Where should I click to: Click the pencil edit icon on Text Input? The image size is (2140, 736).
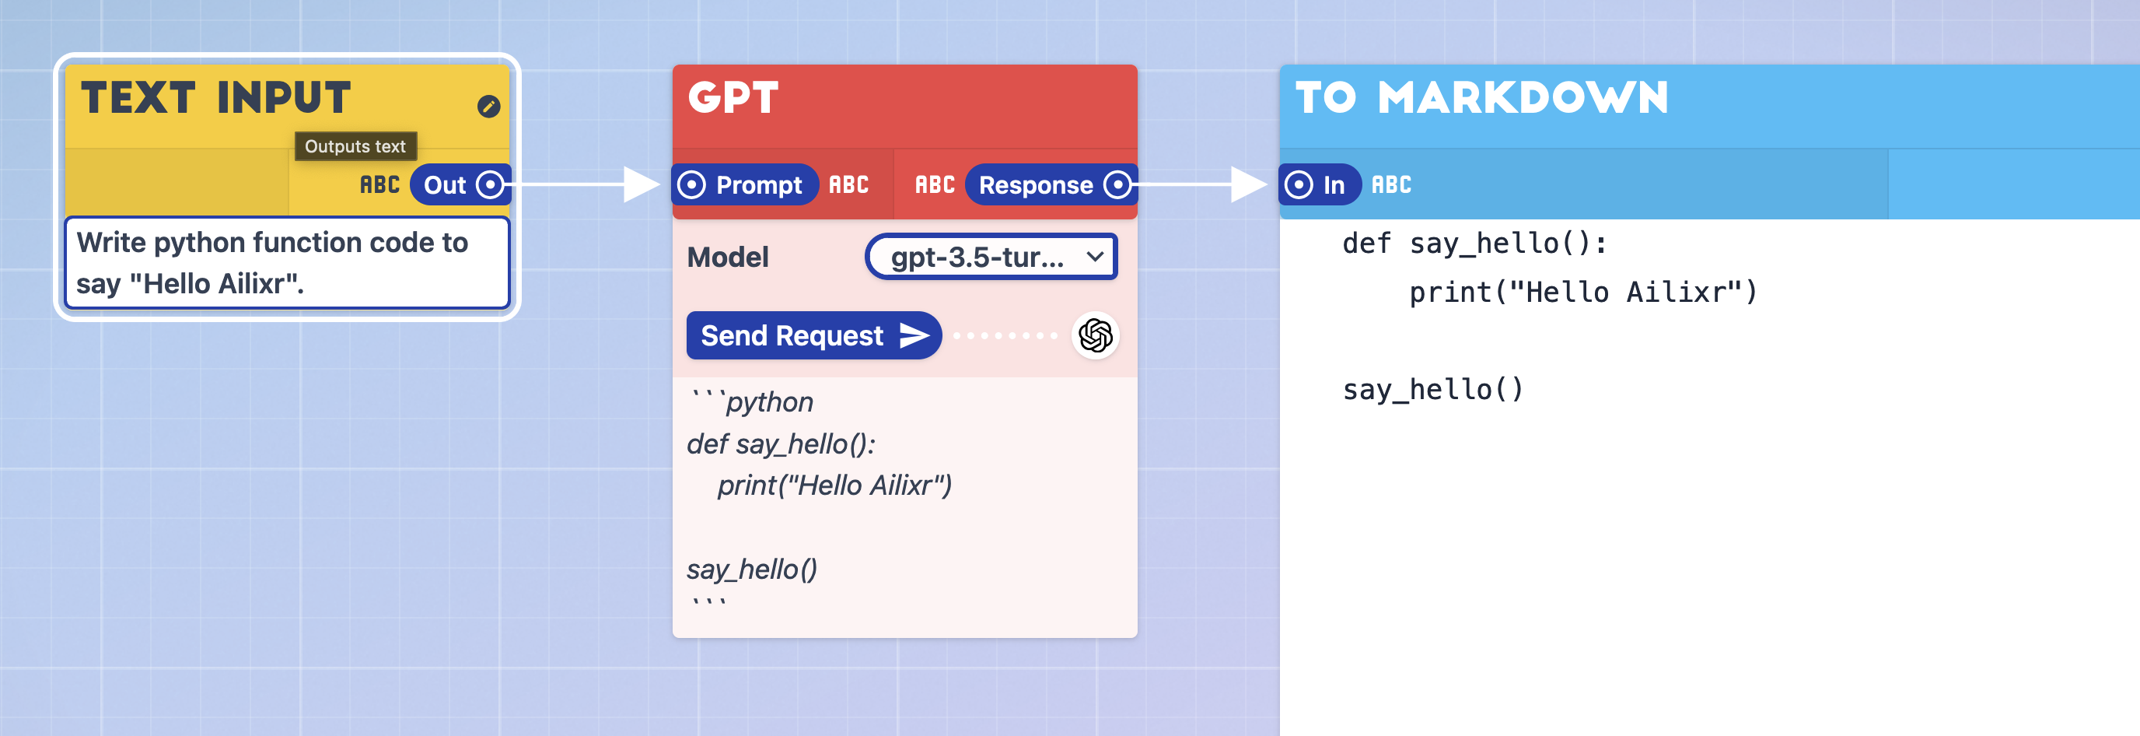pos(488,107)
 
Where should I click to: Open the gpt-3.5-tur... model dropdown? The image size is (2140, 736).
pos(992,258)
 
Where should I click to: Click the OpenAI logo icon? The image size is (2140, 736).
pos(1096,335)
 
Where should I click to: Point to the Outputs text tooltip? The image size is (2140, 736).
pos(355,146)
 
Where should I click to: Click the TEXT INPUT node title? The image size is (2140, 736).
pos(216,98)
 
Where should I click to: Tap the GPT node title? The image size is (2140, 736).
pos(733,98)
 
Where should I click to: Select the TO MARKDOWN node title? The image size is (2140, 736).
pos(1482,98)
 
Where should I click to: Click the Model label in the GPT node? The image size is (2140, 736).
pos(728,258)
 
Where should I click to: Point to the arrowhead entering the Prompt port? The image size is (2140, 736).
pos(642,184)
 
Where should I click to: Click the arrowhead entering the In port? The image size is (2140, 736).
pos(1249,184)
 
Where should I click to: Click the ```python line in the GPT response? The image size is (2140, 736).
pos(752,402)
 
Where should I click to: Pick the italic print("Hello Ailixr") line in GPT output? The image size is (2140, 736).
pos(834,485)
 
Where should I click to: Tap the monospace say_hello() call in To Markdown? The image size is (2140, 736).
pos(1433,389)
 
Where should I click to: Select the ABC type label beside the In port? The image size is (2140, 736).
pos(1391,184)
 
